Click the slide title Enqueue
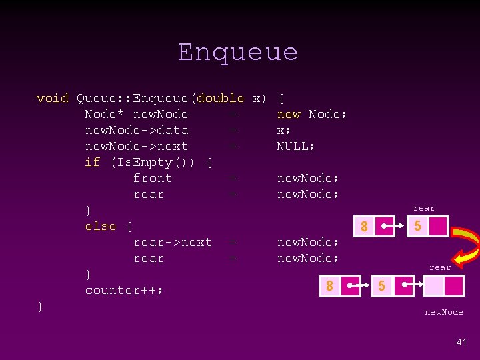click(238, 52)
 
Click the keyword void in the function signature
click(53, 98)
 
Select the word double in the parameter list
click(221, 98)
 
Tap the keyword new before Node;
click(289, 114)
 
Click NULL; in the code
click(296, 146)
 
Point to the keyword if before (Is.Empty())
click(92, 162)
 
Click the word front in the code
click(153, 178)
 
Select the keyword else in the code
click(101, 226)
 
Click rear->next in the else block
click(173, 242)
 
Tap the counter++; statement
click(124, 290)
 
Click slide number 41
click(461, 341)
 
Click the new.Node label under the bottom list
click(444, 312)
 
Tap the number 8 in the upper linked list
click(364, 227)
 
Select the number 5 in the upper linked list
click(417, 227)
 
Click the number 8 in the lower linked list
click(329, 286)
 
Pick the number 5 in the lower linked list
click(381, 286)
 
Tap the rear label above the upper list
click(423, 208)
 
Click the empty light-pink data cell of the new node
click(433, 286)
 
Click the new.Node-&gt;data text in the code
click(137, 130)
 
